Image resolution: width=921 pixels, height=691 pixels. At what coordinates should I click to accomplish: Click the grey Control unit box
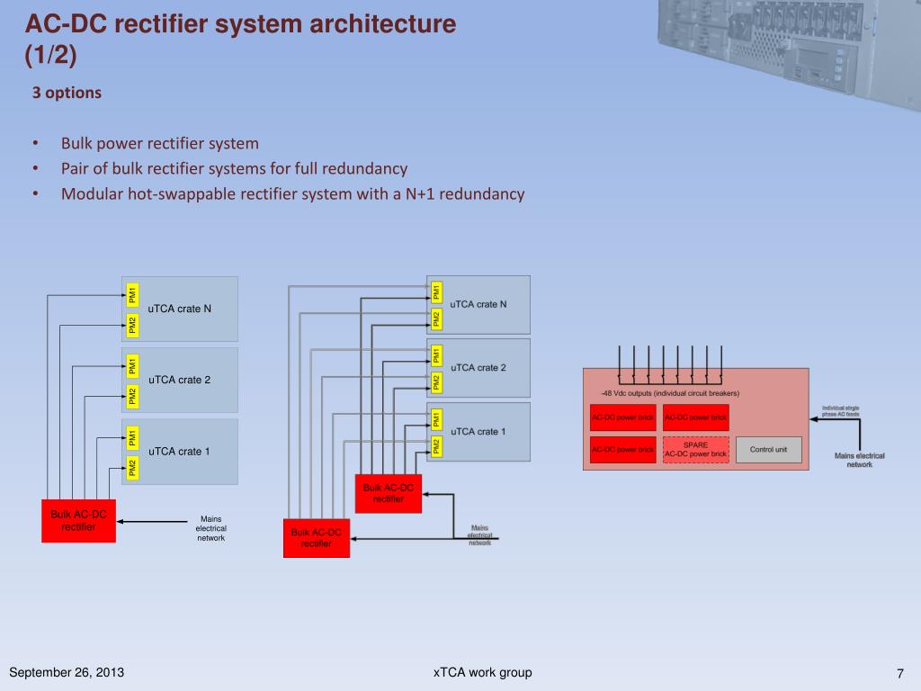(x=768, y=449)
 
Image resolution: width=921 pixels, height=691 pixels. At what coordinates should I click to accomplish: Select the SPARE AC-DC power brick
(x=695, y=449)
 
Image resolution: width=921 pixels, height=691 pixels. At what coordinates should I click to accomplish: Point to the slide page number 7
(x=899, y=674)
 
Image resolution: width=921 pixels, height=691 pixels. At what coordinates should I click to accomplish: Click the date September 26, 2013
(x=67, y=673)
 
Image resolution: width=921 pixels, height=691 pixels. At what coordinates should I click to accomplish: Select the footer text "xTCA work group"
(x=482, y=673)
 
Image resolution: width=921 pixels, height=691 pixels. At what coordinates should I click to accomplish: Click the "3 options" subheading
(x=67, y=93)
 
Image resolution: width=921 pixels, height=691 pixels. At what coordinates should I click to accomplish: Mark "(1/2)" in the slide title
(x=50, y=56)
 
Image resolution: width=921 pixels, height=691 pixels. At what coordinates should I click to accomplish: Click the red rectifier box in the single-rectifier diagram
(x=78, y=520)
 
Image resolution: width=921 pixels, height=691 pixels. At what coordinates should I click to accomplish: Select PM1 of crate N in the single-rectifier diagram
(x=131, y=292)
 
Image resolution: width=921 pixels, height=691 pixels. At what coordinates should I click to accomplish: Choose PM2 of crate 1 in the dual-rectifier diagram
(x=436, y=445)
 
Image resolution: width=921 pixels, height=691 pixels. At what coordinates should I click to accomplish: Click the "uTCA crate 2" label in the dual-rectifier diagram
(x=478, y=367)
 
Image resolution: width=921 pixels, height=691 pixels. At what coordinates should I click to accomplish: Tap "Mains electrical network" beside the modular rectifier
(x=859, y=460)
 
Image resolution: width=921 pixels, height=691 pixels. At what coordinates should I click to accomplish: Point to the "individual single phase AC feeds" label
(x=840, y=410)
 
